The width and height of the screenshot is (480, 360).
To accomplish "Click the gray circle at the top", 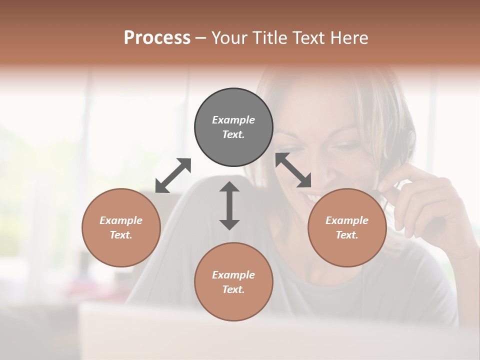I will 233,127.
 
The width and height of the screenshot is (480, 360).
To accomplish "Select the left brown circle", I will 121,227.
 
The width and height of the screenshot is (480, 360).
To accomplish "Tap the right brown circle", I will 346,227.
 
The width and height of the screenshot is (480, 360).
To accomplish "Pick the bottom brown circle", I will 233,281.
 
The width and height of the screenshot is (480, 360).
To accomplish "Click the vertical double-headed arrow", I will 229,205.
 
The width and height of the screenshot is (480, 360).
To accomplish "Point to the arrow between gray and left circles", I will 173,175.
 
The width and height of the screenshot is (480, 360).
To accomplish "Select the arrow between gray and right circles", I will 293,170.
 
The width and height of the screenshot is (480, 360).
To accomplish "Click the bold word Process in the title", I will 157,37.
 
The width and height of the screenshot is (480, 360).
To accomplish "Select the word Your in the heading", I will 230,37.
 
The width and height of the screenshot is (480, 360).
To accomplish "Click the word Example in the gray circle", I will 233,120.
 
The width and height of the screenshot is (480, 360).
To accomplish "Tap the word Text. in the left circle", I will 121,235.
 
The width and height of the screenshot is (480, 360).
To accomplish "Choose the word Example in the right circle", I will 346,220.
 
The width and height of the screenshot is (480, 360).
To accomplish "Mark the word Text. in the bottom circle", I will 233,289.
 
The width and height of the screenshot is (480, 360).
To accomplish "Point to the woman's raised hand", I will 425,200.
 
